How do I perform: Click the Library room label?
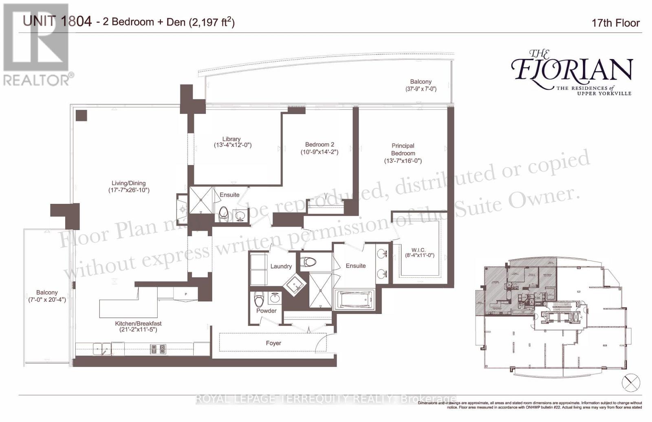click(x=231, y=139)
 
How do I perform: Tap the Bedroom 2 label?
click(x=319, y=144)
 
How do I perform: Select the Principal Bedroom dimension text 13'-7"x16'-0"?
click(x=403, y=161)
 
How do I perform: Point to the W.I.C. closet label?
click(x=418, y=250)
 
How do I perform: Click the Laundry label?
click(x=281, y=266)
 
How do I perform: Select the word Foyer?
click(x=273, y=343)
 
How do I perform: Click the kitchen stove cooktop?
click(x=158, y=349)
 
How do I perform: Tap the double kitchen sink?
click(x=101, y=349)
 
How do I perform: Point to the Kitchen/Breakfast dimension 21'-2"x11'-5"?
click(x=136, y=329)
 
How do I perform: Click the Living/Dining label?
click(x=129, y=183)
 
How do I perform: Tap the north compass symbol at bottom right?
click(x=631, y=382)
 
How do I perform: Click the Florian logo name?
click(x=572, y=70)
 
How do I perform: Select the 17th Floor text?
click(x=615, y=23)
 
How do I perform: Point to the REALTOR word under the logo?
click(x=36, y=80)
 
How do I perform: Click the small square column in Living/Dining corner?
click(x=81, y=115)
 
